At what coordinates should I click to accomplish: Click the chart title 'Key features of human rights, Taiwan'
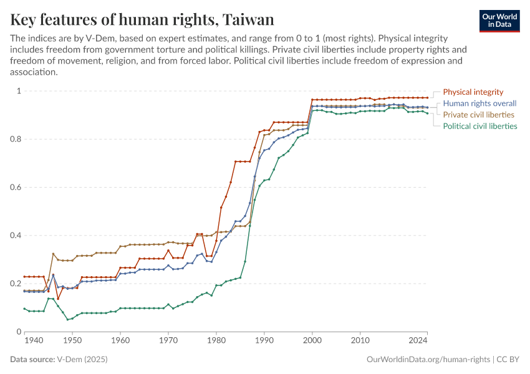click(142, 20)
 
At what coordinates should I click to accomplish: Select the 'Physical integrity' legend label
click(473, 92)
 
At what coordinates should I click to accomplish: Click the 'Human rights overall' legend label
click(479, 103)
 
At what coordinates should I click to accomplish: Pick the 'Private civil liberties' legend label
click(478, 115)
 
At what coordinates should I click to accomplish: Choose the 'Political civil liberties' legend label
click(479, 126)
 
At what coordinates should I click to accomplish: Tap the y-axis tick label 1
click(19, 91)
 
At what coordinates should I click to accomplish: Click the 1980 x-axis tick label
click(216, 341)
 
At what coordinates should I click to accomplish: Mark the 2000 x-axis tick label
click(312, 341)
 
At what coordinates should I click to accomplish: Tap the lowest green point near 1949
click(67, 320)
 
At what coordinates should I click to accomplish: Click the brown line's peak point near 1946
click(53, 254)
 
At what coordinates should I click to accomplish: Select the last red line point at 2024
click(427, 98)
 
